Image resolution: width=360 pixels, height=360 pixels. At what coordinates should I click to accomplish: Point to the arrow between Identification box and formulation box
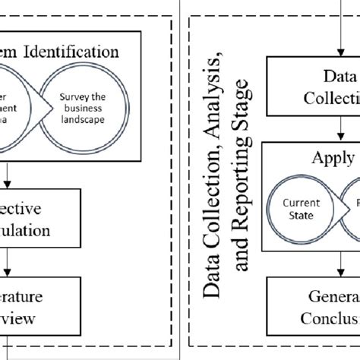[x=7, y=176]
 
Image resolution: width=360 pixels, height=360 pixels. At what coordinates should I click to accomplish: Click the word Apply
[x=332, y=158]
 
